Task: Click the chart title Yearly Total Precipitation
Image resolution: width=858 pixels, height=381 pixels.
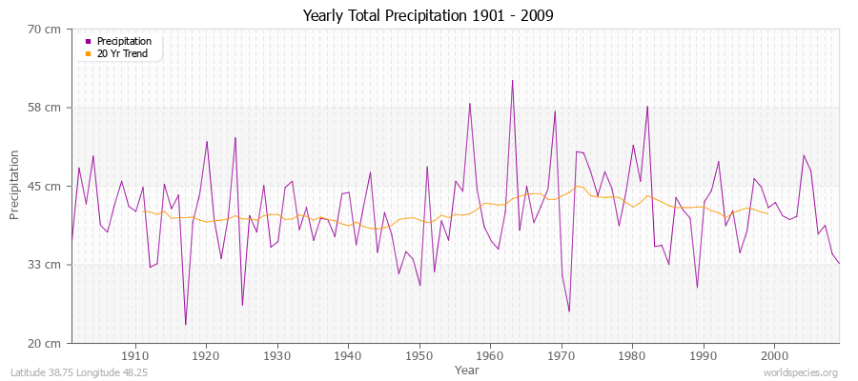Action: point(428,16)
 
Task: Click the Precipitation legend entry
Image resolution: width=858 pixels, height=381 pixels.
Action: point(124,41)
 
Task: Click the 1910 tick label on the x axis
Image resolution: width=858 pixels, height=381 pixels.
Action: point(134,355)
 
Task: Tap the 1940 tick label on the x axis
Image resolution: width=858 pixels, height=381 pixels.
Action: point(348,355)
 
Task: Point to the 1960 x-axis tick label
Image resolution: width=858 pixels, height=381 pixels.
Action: point(490,355)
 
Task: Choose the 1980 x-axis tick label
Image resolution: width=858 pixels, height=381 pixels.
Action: point(632,355)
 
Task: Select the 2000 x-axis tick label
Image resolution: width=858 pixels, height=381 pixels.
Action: point(774,355)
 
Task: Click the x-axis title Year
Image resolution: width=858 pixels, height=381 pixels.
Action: point(467,369)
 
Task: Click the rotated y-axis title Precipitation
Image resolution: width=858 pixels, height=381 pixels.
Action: point(15,186)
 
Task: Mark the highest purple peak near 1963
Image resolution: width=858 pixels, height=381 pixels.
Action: point(512,80)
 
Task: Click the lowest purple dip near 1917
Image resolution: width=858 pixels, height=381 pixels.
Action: point(185,325)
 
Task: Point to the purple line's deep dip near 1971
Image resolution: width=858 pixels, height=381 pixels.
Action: point(569,311)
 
